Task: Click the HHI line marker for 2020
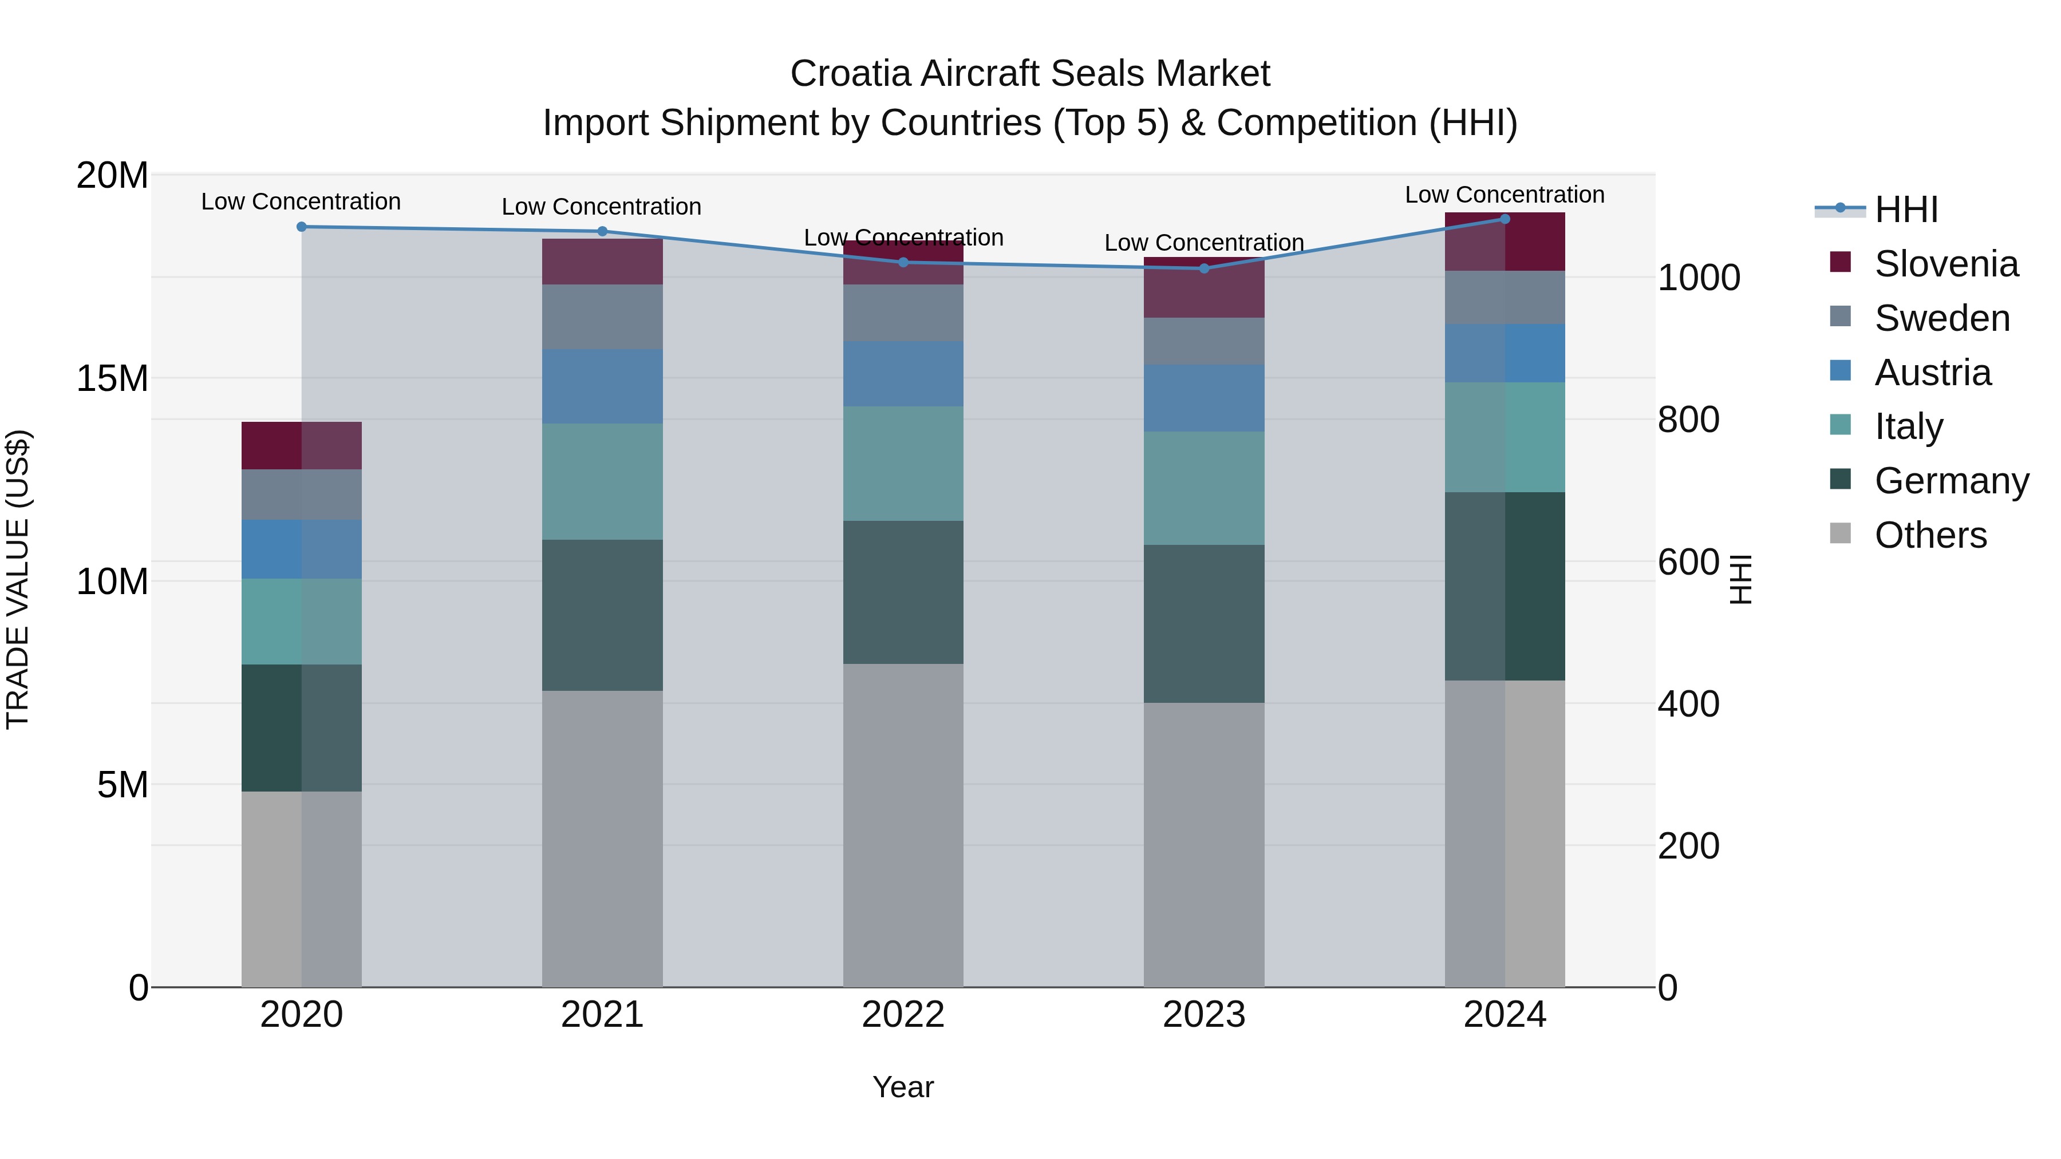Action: point(302,227)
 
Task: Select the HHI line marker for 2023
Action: point(1204,269)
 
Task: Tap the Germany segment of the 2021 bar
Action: point(602,615)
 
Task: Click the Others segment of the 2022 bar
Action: point(903,825)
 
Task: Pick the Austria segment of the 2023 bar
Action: point(1204,398)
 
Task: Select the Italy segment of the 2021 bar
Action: point(602,481)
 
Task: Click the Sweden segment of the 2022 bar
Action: point(903,314)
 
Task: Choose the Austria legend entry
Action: point(1932,373)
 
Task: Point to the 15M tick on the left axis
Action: point(112,378)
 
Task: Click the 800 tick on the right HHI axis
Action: point(1688,420)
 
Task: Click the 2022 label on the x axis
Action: point(903,1015)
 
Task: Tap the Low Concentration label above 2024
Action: point(1504,195)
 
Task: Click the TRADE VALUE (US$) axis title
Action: point(18,580)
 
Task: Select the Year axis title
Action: point(903,1087)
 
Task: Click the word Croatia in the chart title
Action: point(851,74)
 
